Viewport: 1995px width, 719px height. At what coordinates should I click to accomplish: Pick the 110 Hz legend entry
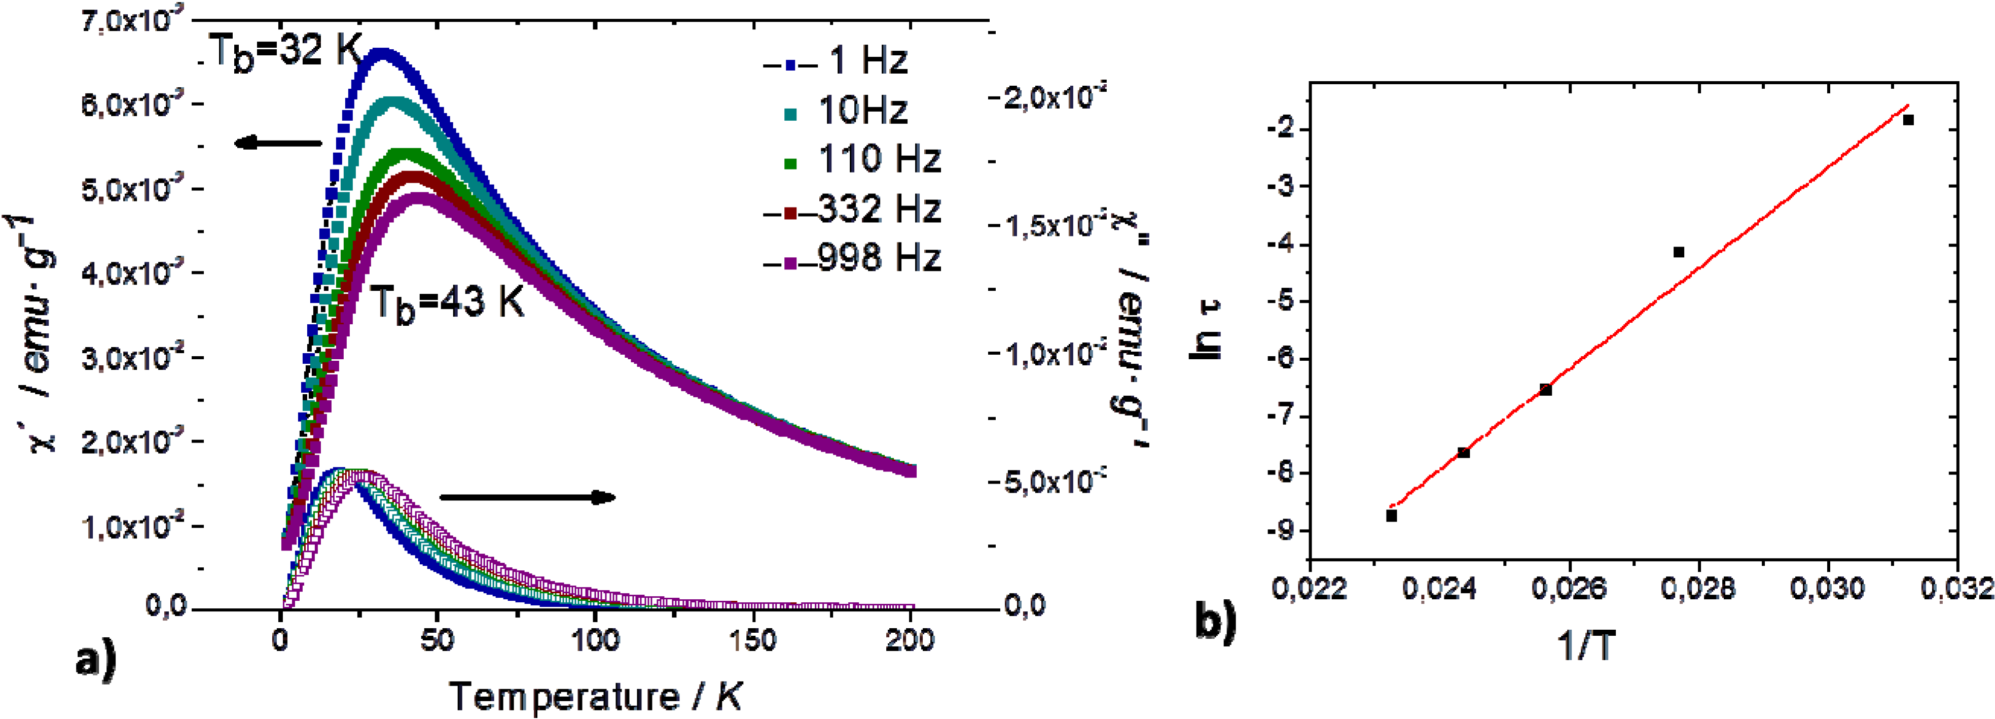[x=863, y=160]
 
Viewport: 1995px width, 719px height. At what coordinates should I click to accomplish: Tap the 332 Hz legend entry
[x=852, y=210]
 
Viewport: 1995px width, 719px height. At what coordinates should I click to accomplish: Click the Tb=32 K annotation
[x=285, y=53]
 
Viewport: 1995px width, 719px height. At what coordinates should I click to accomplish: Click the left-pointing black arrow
[x=279, y=143]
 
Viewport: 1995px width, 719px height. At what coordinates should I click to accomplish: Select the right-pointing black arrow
[x=527, y=497]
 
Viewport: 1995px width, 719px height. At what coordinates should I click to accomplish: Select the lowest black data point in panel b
[x=1392, y=515]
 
